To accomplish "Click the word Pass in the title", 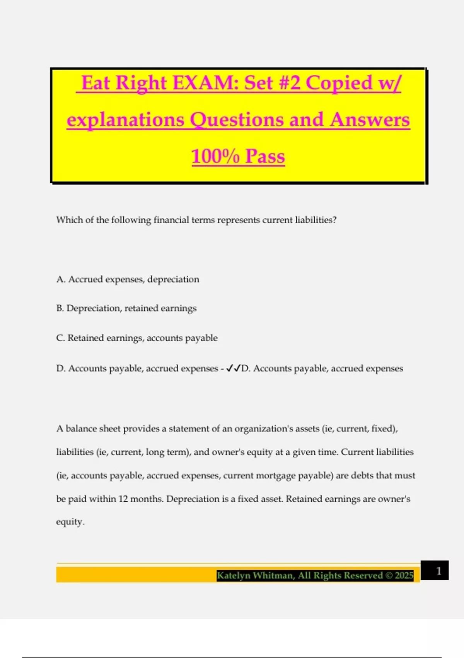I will (265, 156).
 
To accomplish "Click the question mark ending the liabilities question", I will (334, 220).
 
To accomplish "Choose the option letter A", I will (60, 279).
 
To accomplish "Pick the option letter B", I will (60, 308).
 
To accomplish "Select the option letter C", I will (60, 338).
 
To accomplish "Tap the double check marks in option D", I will (234, 368).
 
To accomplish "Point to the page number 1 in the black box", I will (438, 571).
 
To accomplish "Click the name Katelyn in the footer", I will (233, 576).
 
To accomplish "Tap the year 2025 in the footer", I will (404, 576).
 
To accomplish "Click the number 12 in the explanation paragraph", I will (123, 499).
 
